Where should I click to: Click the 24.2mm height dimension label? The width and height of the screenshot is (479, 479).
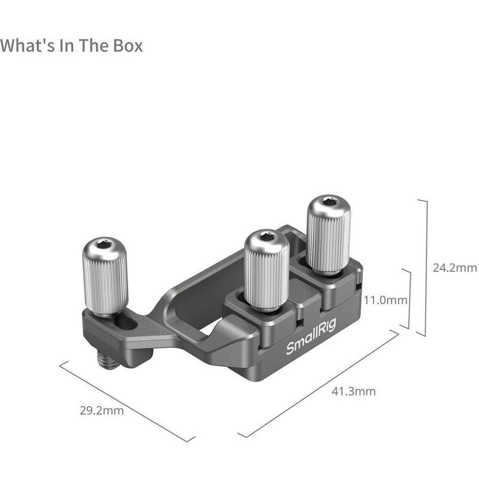(454, 268)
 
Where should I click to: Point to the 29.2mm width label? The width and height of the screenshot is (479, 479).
(101, 411)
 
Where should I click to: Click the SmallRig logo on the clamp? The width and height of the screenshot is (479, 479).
(311, 338)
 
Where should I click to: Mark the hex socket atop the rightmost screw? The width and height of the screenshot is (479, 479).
(329, 202)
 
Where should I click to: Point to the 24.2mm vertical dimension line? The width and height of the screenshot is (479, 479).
(425, 268)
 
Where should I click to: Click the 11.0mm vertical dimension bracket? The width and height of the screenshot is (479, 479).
(410, 299)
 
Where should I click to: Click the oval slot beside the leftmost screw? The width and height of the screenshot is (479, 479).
(127, 323)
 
